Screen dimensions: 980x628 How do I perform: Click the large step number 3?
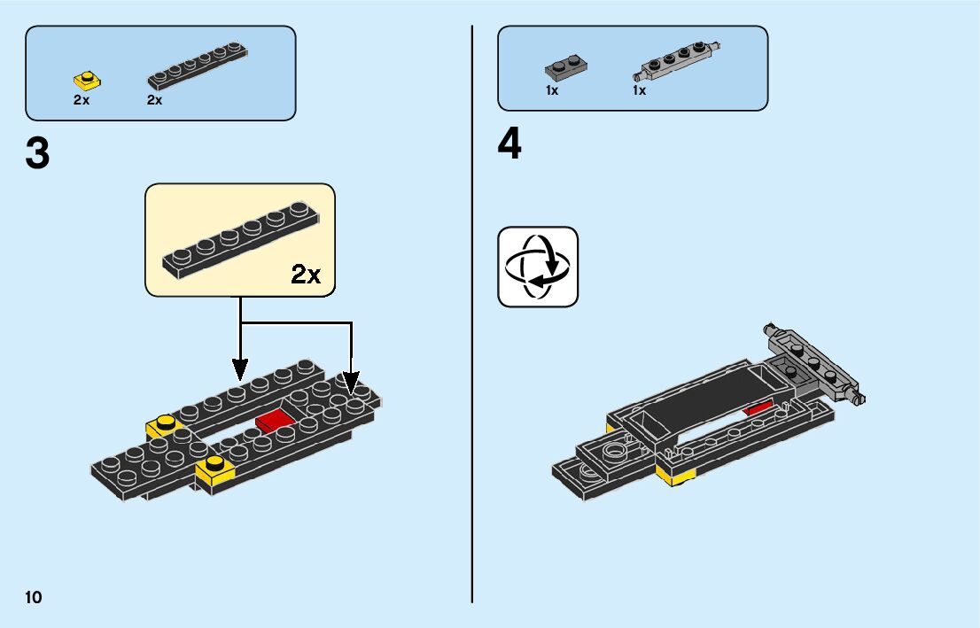point(37,154)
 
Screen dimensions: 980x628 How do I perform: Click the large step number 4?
point(509,145)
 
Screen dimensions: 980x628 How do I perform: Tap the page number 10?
point(34,597)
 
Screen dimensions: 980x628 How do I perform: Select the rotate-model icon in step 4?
point(538,267)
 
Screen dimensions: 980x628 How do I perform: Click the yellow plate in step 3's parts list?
point(86,81)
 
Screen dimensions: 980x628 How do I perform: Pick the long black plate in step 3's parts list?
point(197,66)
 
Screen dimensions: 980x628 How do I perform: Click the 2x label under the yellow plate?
point(82,100)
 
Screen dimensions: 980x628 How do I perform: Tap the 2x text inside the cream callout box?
point(306,275)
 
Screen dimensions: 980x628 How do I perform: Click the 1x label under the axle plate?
point(639,90)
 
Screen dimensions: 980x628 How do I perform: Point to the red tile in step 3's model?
point(276,419)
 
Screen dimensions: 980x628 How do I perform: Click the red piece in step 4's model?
point(758,408)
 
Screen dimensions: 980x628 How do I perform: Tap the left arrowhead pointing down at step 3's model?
point(240,367)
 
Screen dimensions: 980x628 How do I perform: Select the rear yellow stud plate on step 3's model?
point(164,426)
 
